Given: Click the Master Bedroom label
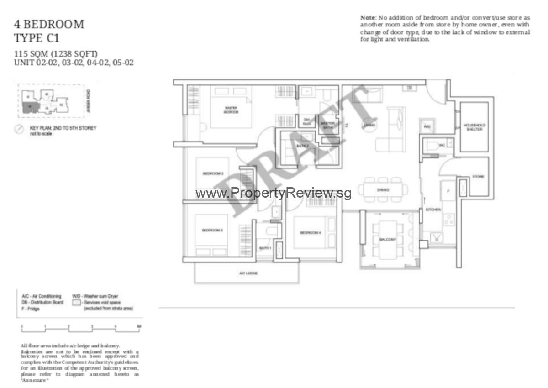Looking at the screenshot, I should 231,110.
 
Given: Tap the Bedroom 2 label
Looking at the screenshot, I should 212,173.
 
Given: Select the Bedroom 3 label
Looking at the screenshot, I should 212,231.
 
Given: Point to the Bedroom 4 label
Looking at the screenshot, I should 311,233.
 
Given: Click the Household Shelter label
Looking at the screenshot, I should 474,126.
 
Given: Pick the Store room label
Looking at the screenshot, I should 478,177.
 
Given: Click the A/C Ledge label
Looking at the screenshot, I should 247,273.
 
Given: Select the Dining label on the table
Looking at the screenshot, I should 383,190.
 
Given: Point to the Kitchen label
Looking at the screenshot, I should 433,210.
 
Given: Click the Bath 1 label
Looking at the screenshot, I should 265,248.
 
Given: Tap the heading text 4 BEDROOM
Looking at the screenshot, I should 50,24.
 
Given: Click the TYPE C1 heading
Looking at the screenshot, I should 37,38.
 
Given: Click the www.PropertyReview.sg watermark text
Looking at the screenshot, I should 273,194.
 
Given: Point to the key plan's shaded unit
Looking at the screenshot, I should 30,107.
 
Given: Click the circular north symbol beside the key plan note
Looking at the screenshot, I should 19,130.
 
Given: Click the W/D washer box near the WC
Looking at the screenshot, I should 427,126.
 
